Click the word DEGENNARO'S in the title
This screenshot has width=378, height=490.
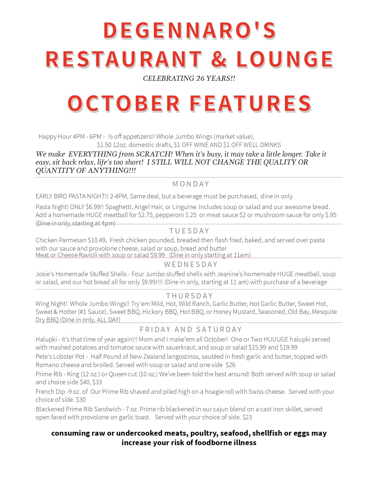(190, 30)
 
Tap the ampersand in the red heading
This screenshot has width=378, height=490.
(219, 59)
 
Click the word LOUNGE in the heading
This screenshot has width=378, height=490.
(285, 59)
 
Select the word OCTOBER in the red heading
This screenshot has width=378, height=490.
(124, 103)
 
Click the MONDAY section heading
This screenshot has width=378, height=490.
(191, 184)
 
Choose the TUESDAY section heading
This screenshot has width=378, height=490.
(189, 231)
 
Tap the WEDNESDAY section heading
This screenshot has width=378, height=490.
(191, 264)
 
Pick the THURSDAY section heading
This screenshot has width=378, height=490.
(189, 296)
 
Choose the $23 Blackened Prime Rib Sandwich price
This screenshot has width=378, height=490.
(247, 417)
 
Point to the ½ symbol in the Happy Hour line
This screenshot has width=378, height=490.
(110, 137)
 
